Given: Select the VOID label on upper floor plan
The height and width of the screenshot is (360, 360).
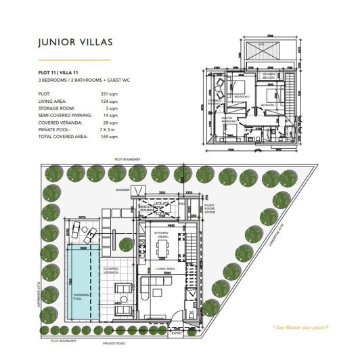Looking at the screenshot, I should pyautogui.click(x=261, y=45).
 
